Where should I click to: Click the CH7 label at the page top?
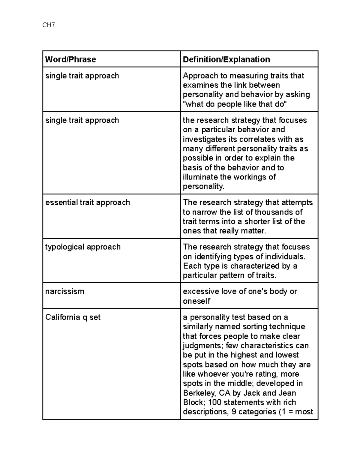tap(49, 25)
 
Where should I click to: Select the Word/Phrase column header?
tap(70, 59)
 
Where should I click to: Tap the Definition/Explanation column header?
tap(226, 59)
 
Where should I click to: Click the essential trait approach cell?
tap(88, 203)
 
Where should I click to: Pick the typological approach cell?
tap(83, 247)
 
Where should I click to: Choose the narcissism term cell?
tap(64, 291)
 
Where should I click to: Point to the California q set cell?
tap(73, 317)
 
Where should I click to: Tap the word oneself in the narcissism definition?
tap(196, 301)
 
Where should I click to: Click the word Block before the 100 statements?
tap(193, 402)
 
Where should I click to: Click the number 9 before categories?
tap(234, 412)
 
